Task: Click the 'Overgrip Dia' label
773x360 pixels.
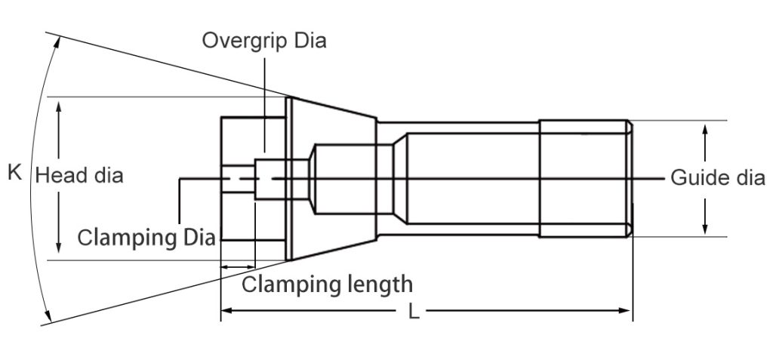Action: pos(263,41)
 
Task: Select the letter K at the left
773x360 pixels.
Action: pos(14,173)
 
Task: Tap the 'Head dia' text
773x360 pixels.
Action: pos(79,176)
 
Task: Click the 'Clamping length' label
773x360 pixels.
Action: pos(328,285)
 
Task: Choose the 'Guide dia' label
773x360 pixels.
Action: pos(718,178)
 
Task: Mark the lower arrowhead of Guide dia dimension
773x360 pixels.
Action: pos(705,229)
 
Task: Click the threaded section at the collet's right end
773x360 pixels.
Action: pos(585,178)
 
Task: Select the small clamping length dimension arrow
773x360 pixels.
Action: pos(238,266)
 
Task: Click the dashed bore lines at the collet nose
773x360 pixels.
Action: pos(240,178)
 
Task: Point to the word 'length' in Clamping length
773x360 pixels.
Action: pos(376,285)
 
